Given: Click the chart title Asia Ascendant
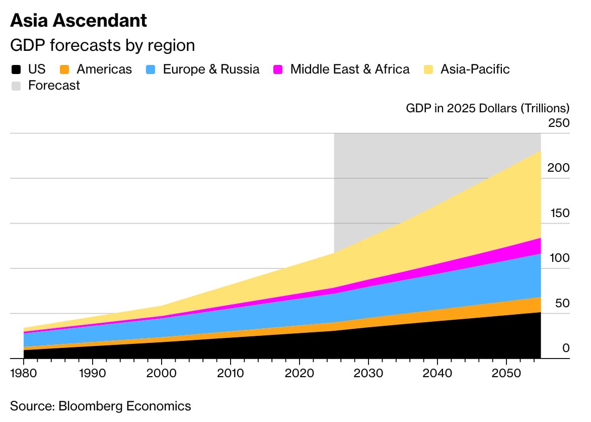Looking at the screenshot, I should click(x=79, y=21).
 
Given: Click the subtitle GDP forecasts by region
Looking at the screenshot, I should click(x=102, y=45).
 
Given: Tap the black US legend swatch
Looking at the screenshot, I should click(x=17, y=69).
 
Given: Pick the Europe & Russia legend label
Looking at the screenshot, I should click(x=211, y=69).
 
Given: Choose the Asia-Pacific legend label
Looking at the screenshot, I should click(x=475, y=69).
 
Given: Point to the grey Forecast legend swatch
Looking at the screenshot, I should click(x=17, y=86).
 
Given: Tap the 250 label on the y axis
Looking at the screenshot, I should click(x=559, y=123).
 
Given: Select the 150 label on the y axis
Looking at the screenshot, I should click(x=559, y=213).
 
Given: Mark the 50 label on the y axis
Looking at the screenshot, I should click(x=562, y=303).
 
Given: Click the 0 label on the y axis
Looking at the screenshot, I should click(x=566, y=348).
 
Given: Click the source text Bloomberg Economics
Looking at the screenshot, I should click(x=101, y=406).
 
